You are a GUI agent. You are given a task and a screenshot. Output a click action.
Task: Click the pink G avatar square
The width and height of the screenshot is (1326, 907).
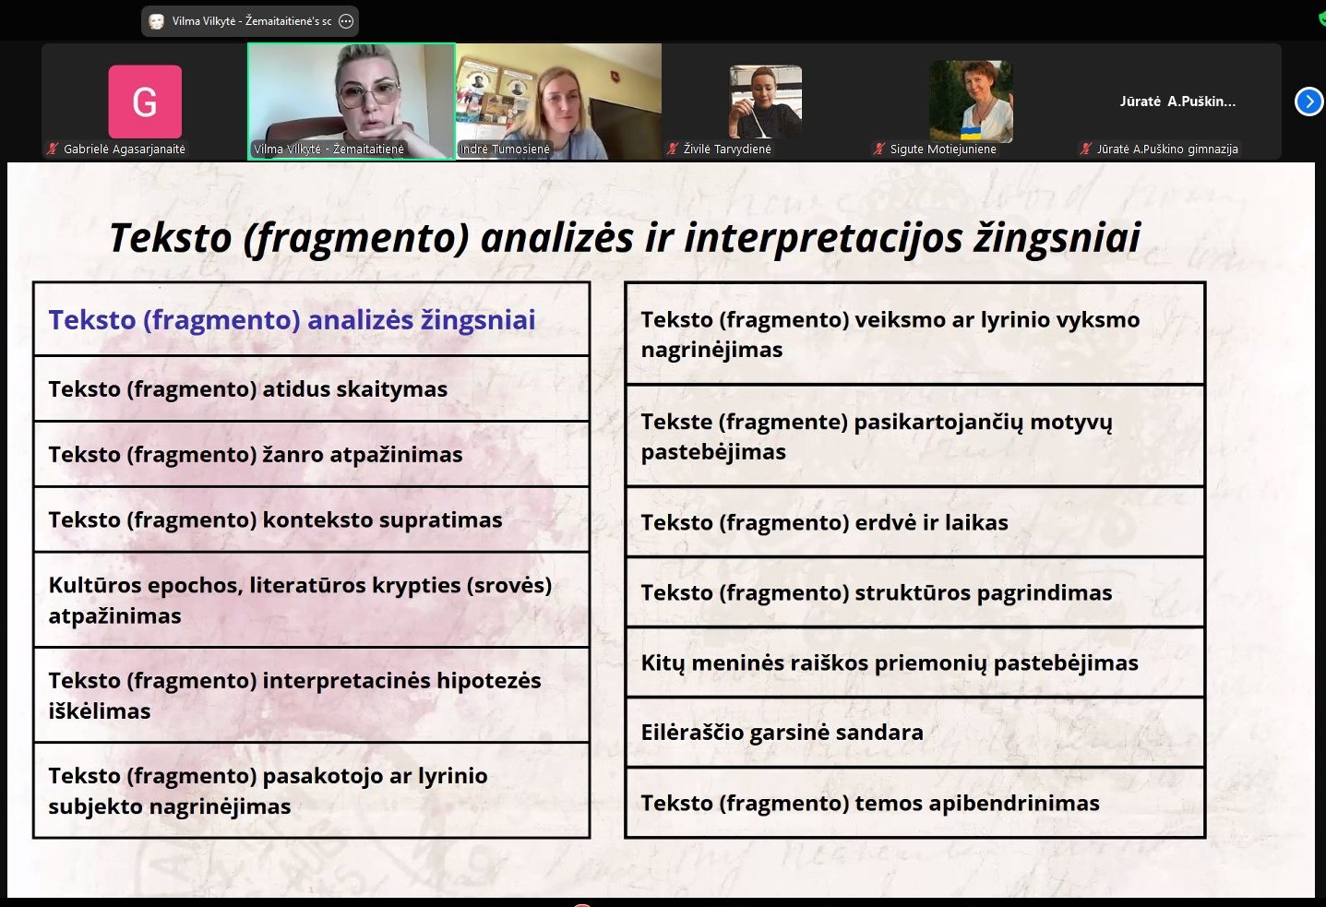point(145,101)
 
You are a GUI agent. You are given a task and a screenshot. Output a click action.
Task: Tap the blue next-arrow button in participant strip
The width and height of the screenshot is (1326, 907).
point(1308,101)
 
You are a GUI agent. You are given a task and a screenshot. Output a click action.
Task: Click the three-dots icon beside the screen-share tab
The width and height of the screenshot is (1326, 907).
point(346,21)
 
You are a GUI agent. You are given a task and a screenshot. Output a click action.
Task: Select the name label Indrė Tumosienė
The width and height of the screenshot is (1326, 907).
point(505,149)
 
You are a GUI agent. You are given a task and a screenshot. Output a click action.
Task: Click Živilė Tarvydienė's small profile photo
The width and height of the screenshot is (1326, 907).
point(765,101)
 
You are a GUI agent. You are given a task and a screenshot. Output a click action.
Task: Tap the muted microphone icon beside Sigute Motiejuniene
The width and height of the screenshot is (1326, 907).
point(879,149)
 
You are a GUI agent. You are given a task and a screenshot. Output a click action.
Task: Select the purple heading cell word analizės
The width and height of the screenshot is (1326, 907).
point(361,320)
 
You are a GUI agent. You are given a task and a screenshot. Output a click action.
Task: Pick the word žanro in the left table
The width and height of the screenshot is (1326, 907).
point(293,455)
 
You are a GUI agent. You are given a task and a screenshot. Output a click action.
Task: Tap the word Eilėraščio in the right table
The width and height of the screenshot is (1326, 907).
point(692,733)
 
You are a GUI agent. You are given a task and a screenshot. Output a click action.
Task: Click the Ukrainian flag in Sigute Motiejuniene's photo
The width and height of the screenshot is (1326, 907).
point(969,133)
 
